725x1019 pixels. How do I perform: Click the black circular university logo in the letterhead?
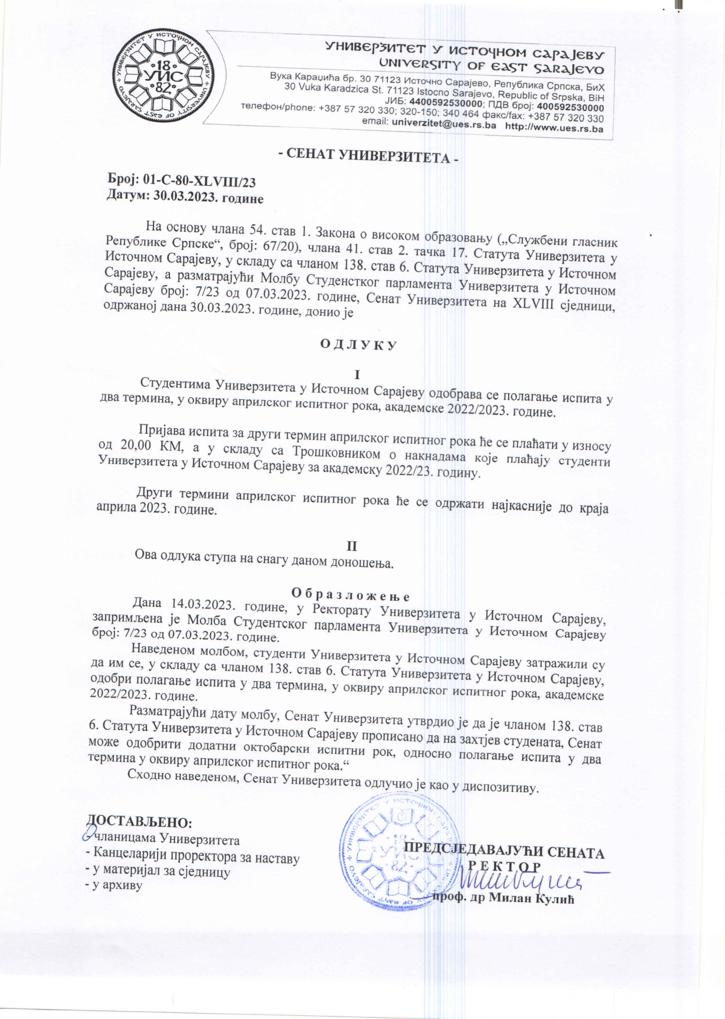tap(164, 76)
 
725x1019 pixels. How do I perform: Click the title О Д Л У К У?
tap(358, 345)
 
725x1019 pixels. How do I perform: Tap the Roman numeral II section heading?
tap(352, 546)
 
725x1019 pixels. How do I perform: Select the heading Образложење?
tap(350, 594)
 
